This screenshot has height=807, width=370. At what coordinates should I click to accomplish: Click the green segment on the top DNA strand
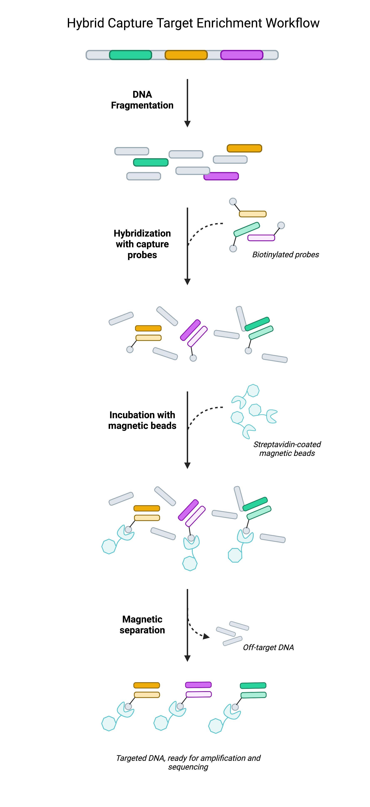[x=130, y=55]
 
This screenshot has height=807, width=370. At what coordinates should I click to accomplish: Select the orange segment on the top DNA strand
[x=186, y=55]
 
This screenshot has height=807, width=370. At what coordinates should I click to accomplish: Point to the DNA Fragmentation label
[x=142, y=100]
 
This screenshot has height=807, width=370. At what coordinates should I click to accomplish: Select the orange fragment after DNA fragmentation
[x=244, y=148]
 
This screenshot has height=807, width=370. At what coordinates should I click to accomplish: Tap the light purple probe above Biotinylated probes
[x=261, y=238]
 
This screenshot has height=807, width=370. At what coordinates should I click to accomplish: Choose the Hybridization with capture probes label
[x=142, y=244]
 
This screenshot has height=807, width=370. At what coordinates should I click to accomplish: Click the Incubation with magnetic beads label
[x=142, y=420]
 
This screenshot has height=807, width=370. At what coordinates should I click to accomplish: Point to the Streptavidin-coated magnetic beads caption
[x=287, y=449]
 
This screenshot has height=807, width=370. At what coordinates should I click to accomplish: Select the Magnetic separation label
[x=142, y=624]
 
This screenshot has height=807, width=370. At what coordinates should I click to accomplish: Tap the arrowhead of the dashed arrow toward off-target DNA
[x=206, y=636]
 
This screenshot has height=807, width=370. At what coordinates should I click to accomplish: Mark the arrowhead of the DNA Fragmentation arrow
[x=187, y=124]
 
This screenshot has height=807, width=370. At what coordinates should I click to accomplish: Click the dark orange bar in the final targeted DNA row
[x=147, y=685]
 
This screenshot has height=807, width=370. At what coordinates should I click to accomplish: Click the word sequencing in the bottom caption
[x=188, y=767]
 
